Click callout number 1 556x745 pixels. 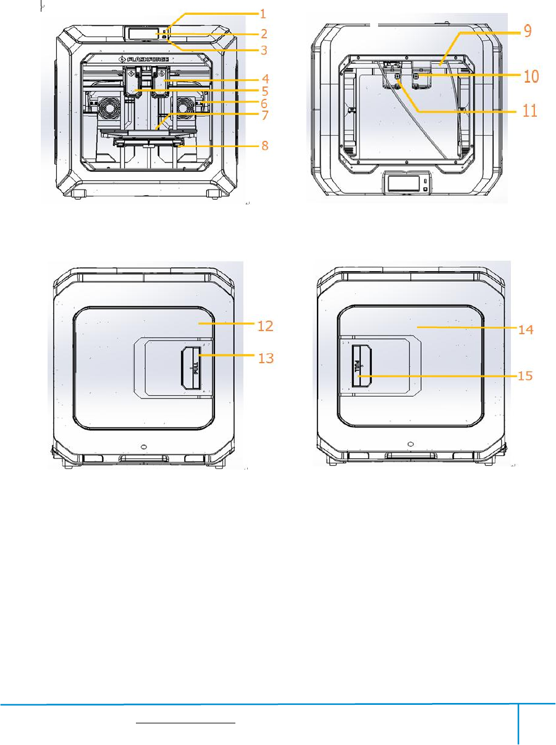(263, 14)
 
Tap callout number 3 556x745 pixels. (264, 50)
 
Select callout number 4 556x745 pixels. (266, 79)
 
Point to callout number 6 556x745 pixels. (264, 104)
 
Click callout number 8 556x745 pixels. (265, 146)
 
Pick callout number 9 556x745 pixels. (528, 31)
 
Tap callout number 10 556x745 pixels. (531, 77)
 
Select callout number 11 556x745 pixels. (530, 111)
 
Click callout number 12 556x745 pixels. (266, 326)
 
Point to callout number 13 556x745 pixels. (266, 358)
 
